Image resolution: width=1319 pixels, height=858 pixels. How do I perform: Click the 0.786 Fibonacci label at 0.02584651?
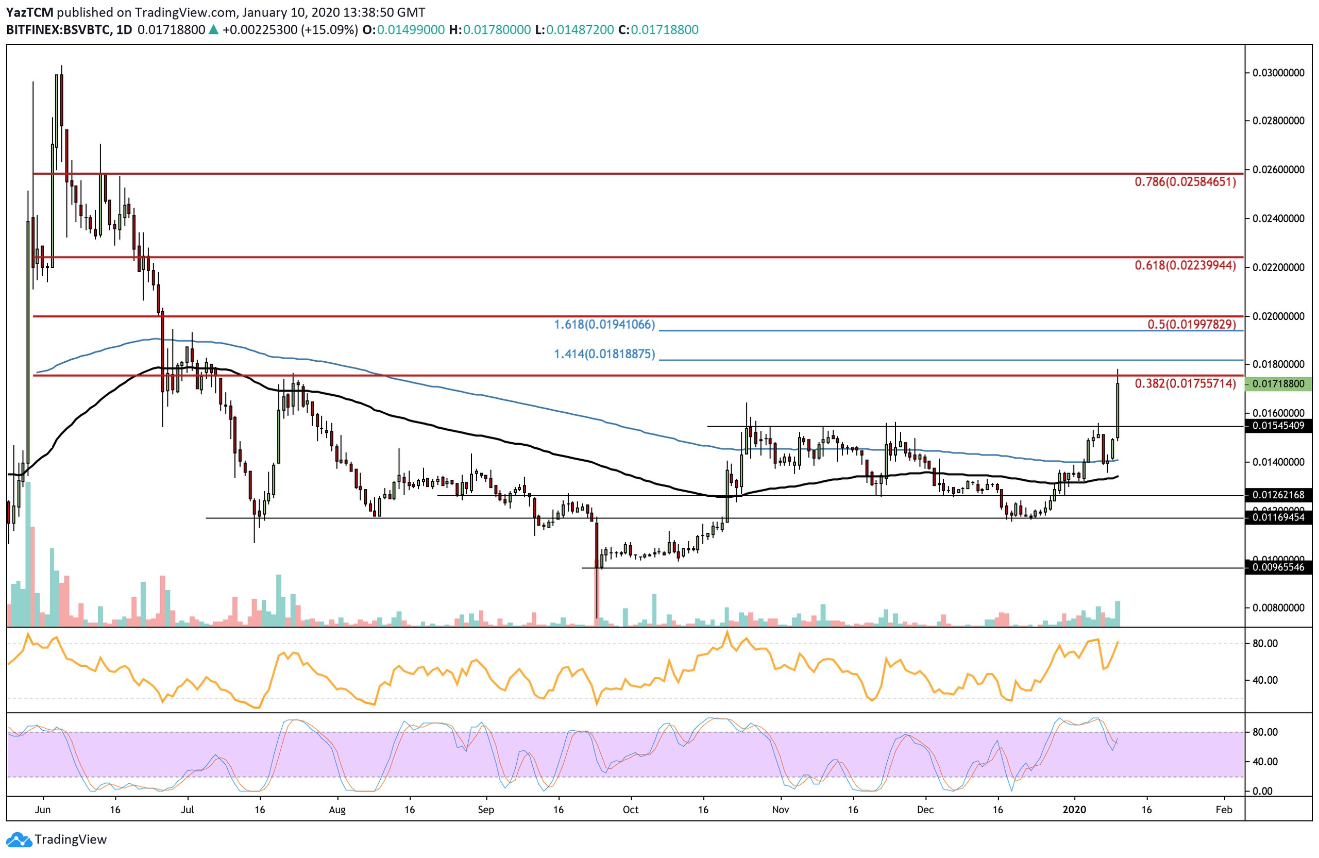tap(1185, 181)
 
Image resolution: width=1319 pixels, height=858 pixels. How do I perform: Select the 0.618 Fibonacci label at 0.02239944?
tap(1185, 265)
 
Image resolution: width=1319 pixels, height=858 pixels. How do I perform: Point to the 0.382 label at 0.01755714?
tap(1185, 383)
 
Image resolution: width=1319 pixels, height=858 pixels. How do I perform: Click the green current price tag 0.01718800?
tap(1278, 383)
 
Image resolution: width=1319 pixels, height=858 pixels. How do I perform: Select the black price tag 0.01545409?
tap(1278, 426)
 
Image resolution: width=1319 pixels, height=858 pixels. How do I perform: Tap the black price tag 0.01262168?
tap(1278, 494)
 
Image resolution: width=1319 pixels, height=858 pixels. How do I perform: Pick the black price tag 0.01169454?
tap(1278, 517)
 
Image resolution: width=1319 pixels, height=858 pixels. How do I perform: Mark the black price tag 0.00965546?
tap(1278, 567)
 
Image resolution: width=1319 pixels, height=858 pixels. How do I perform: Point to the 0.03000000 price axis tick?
tap(1278, 73)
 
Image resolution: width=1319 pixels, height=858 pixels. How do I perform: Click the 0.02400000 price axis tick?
tap(1278, 218)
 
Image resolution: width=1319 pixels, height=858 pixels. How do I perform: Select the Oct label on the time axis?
tap(630, 810)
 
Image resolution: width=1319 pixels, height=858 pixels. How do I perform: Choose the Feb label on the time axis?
tap(1224, 810)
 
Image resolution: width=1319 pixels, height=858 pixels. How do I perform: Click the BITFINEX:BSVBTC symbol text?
tap(58, 30)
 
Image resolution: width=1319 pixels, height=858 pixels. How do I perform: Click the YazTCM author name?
tap(29, 12)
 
